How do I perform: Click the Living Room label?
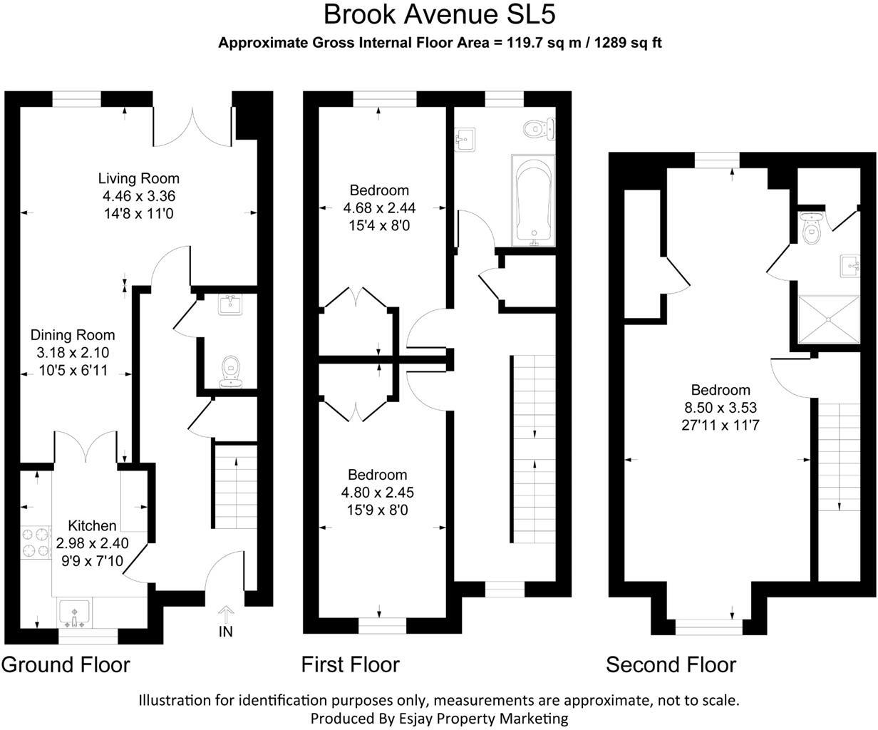click(139, 178)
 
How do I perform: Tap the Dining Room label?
click(73, 335)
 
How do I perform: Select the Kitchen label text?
click(92, 525)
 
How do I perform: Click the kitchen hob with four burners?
click(36, 543)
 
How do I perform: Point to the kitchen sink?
click(74, 615)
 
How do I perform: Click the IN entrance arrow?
click(226, 615)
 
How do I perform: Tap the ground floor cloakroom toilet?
click(230, 371)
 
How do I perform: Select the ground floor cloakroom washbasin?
click(230, 304)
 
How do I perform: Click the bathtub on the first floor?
click(533, 200)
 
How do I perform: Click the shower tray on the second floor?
click(829, 320)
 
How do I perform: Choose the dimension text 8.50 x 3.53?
click(721, 407)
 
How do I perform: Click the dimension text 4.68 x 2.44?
click(379, 208)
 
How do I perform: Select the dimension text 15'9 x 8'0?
click(377, 510)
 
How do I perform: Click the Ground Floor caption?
click(66, 665)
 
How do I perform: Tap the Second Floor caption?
click(671, 665)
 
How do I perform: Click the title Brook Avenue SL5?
click(440, 15)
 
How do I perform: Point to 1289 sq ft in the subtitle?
click(629, 43)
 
